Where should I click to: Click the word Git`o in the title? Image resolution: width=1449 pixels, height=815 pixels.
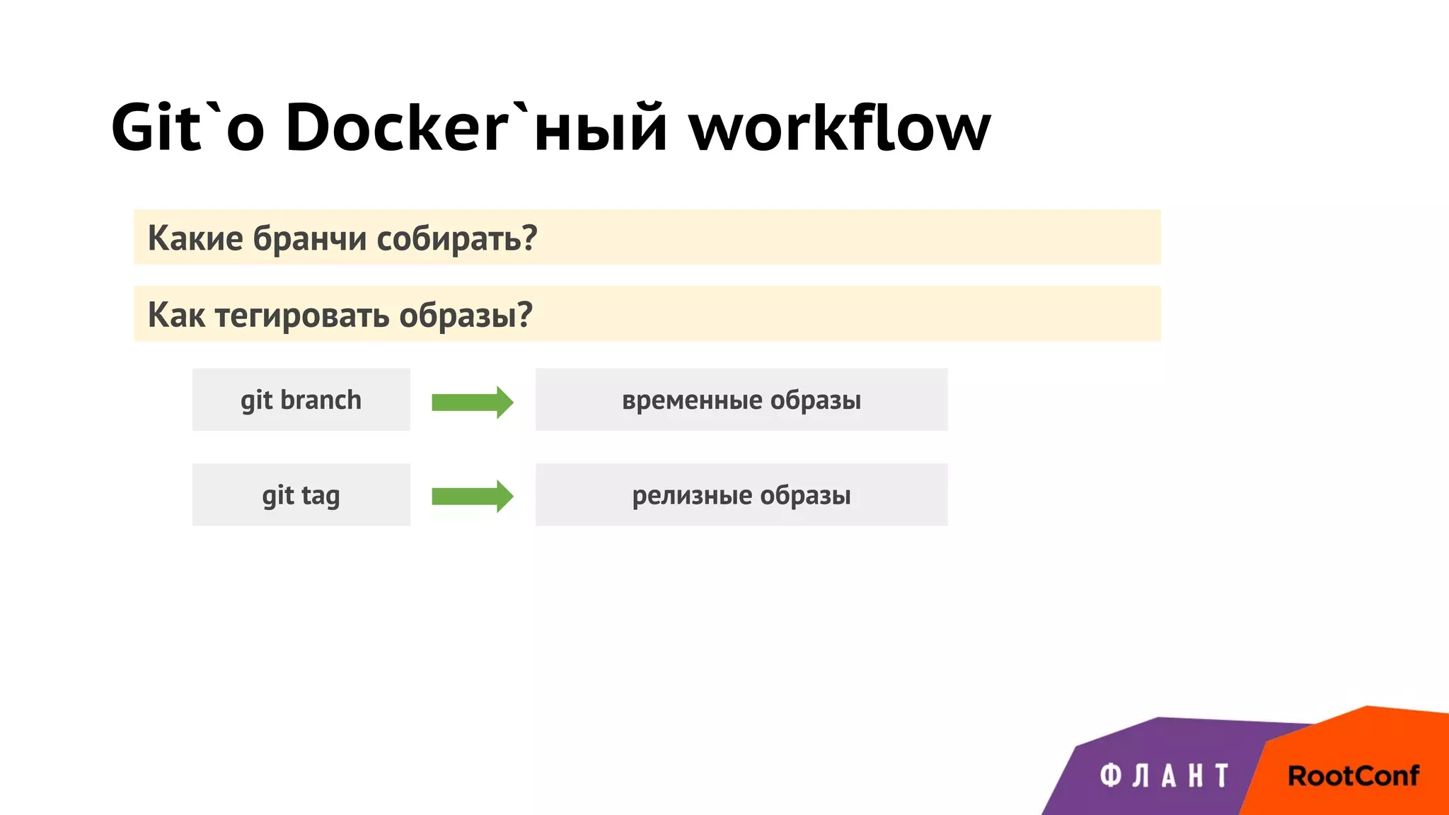click(x=187, y=127)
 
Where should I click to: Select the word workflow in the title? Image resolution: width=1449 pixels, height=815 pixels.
click(x=840, y=127)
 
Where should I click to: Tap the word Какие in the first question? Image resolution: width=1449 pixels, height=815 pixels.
click(x=195, y=238)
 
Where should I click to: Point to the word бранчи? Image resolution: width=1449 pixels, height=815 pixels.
click(x=310, y=238)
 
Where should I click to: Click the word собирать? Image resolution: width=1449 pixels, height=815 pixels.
click(x=456, y=238)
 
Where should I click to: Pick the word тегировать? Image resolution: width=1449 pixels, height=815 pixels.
click(x=302, y=315)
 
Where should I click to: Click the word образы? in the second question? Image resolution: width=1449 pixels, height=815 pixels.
click(x=466, y=315)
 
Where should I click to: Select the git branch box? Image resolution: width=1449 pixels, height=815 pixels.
click(x=301, y=400)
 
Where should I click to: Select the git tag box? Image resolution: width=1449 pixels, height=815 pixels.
click(x=301, y=495)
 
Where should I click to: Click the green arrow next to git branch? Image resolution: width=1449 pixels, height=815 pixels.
click(x=472, y=402)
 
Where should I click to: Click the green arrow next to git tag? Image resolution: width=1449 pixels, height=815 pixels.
click(x=472, y=496)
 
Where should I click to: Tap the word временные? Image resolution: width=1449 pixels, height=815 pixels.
click(x=691, y=400)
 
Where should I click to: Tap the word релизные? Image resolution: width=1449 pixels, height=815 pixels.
click(x=691, y=495)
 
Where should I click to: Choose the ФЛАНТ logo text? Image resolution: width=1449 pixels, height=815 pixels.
click(x=1165, y=776)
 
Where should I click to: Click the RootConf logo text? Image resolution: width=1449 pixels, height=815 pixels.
click(x=1353, y=776)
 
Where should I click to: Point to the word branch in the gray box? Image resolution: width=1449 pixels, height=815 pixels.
click(x=321, y=400)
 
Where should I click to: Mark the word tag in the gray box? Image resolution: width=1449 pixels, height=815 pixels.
click(x=321, y=496)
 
